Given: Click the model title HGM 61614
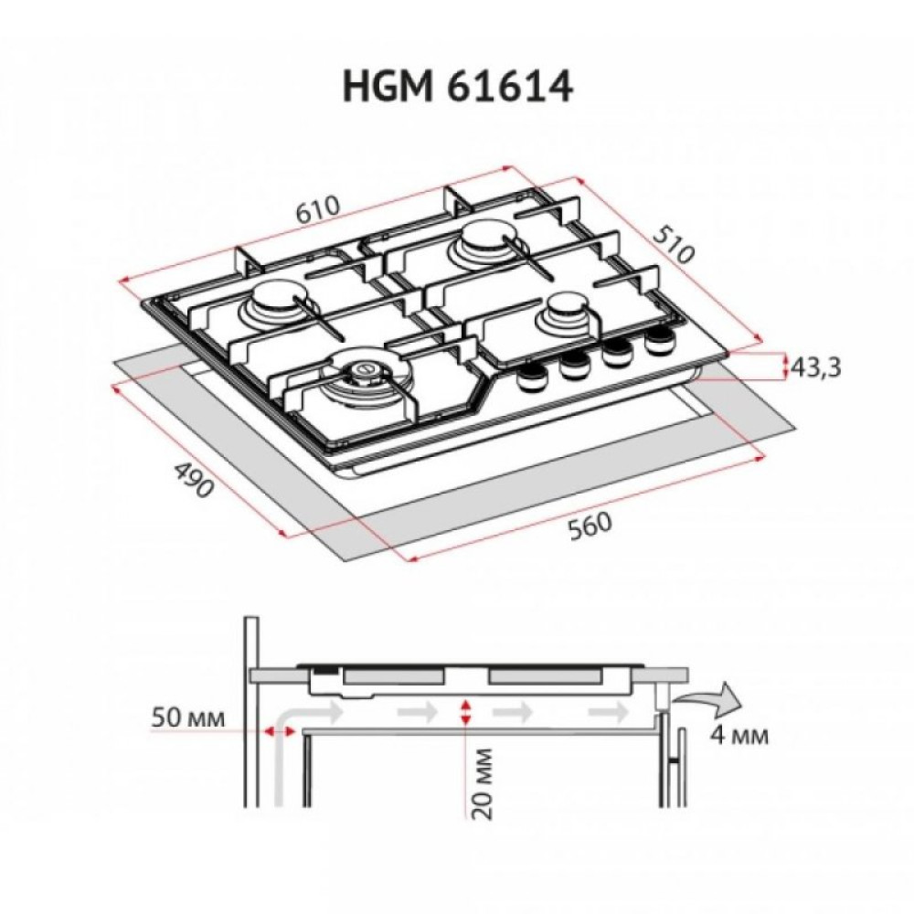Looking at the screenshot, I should tap(457, 88).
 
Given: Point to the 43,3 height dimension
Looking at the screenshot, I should tap(814, 367).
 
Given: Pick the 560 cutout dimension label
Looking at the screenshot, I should tap(585, 527).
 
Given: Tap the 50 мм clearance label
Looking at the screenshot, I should tap(186, 717).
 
